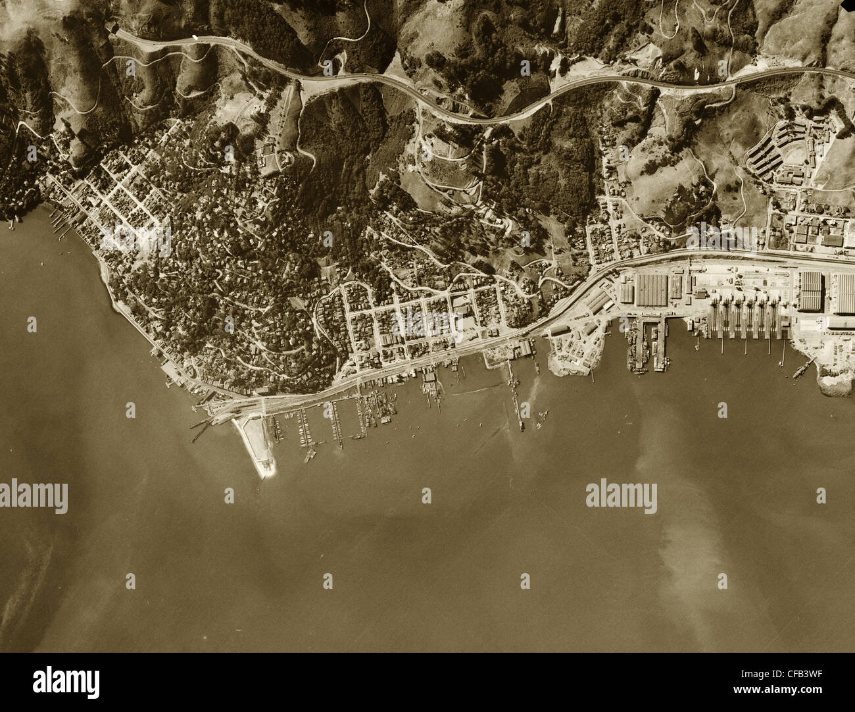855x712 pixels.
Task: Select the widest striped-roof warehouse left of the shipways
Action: [x=650, y=290]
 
